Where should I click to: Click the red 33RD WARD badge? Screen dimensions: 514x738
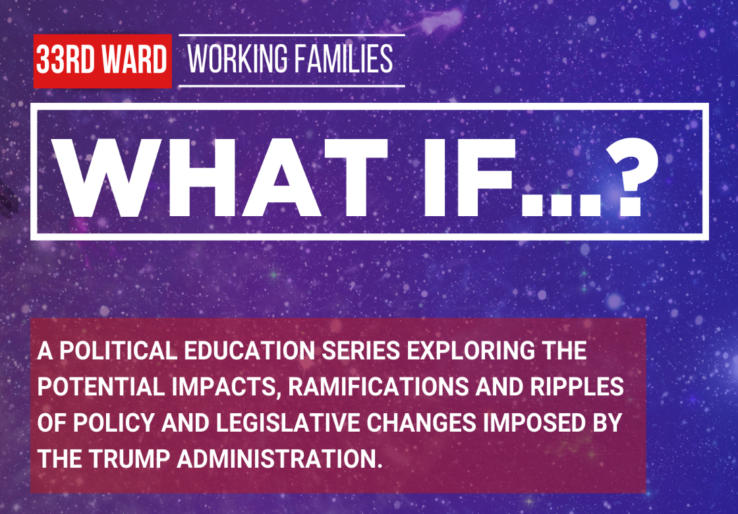coord(102,61)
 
